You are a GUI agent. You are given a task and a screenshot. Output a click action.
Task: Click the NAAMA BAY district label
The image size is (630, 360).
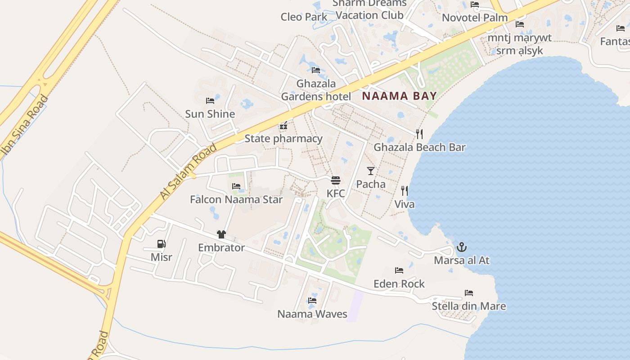pyautogui.click(x=399, y=96)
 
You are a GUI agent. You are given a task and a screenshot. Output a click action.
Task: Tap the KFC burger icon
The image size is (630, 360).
pyautogui.click(x=336, y=180)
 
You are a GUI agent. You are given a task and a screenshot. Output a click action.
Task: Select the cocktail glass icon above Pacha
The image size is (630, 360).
pyautogui.click(x=371, y=171)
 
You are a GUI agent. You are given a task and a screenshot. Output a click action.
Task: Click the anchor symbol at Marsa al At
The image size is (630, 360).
pyautogui.click(x=462, y=247)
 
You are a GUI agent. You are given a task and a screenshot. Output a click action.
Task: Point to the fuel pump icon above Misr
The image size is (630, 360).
pyautogui.click(x=161, y=244)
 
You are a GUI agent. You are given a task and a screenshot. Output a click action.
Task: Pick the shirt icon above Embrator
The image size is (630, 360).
pyautogui.click(x=221, y=234)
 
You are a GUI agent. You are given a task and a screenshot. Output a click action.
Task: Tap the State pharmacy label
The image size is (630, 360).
pyautogui.click(x=283, y=139)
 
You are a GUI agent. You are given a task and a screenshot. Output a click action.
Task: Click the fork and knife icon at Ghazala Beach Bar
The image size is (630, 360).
pyautogui.click(x=419, y=134)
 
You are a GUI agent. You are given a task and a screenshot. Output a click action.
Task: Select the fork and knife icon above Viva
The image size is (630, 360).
pyautogui.click(x=405, y=191)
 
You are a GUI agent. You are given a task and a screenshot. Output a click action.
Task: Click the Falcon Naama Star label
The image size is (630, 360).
pyautogui.click(x=236, y=199)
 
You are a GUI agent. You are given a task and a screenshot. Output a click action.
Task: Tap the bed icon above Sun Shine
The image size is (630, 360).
pyautogui.click(x=210, y=101)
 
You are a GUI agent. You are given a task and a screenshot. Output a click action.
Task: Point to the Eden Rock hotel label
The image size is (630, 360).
pyautogui.click(x=399, y=284)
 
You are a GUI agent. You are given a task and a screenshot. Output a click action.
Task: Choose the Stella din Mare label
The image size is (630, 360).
pyautogui.click(x=469, y=306)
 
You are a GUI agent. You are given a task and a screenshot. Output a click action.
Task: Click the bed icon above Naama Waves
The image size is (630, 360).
pyautogui.click(x=312, y=301)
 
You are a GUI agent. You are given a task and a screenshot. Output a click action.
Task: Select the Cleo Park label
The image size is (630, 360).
pyautogui.click(x=304, y=17)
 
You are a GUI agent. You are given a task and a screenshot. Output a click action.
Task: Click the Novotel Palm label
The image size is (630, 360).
pyautogui.click(x=475, y=18)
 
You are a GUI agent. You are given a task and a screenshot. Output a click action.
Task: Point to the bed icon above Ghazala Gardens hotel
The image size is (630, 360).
pyautogui.click(x=316, y=70)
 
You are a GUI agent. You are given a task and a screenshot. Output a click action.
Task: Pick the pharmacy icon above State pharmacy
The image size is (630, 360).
pyautogui.click(x=283, y=126)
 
